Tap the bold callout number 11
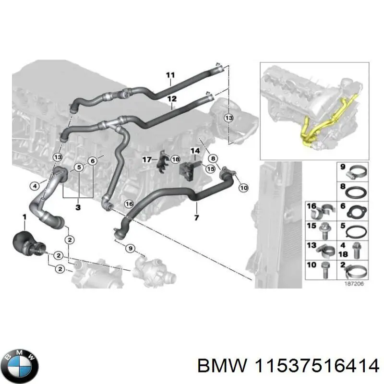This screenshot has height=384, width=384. point(170,74)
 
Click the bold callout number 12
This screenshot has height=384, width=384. point(172,99)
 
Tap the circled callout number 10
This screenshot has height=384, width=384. point(243,188)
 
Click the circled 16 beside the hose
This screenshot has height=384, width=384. point(128,204)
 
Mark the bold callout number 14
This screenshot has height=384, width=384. point(195,151)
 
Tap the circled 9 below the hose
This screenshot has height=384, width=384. point(130,248)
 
